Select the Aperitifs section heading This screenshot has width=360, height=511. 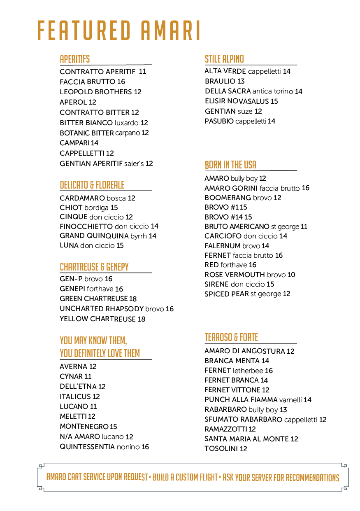74,59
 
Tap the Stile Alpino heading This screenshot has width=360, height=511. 224,59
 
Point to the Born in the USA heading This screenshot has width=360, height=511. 230,165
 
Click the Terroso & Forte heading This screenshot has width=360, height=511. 231,337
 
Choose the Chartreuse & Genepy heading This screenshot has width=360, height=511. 94,267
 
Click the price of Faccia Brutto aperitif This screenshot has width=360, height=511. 121,82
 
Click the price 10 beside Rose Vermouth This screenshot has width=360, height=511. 291,275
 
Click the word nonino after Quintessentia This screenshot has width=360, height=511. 128,447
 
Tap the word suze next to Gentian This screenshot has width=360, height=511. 245,111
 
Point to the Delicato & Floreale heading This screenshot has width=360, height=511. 92,185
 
